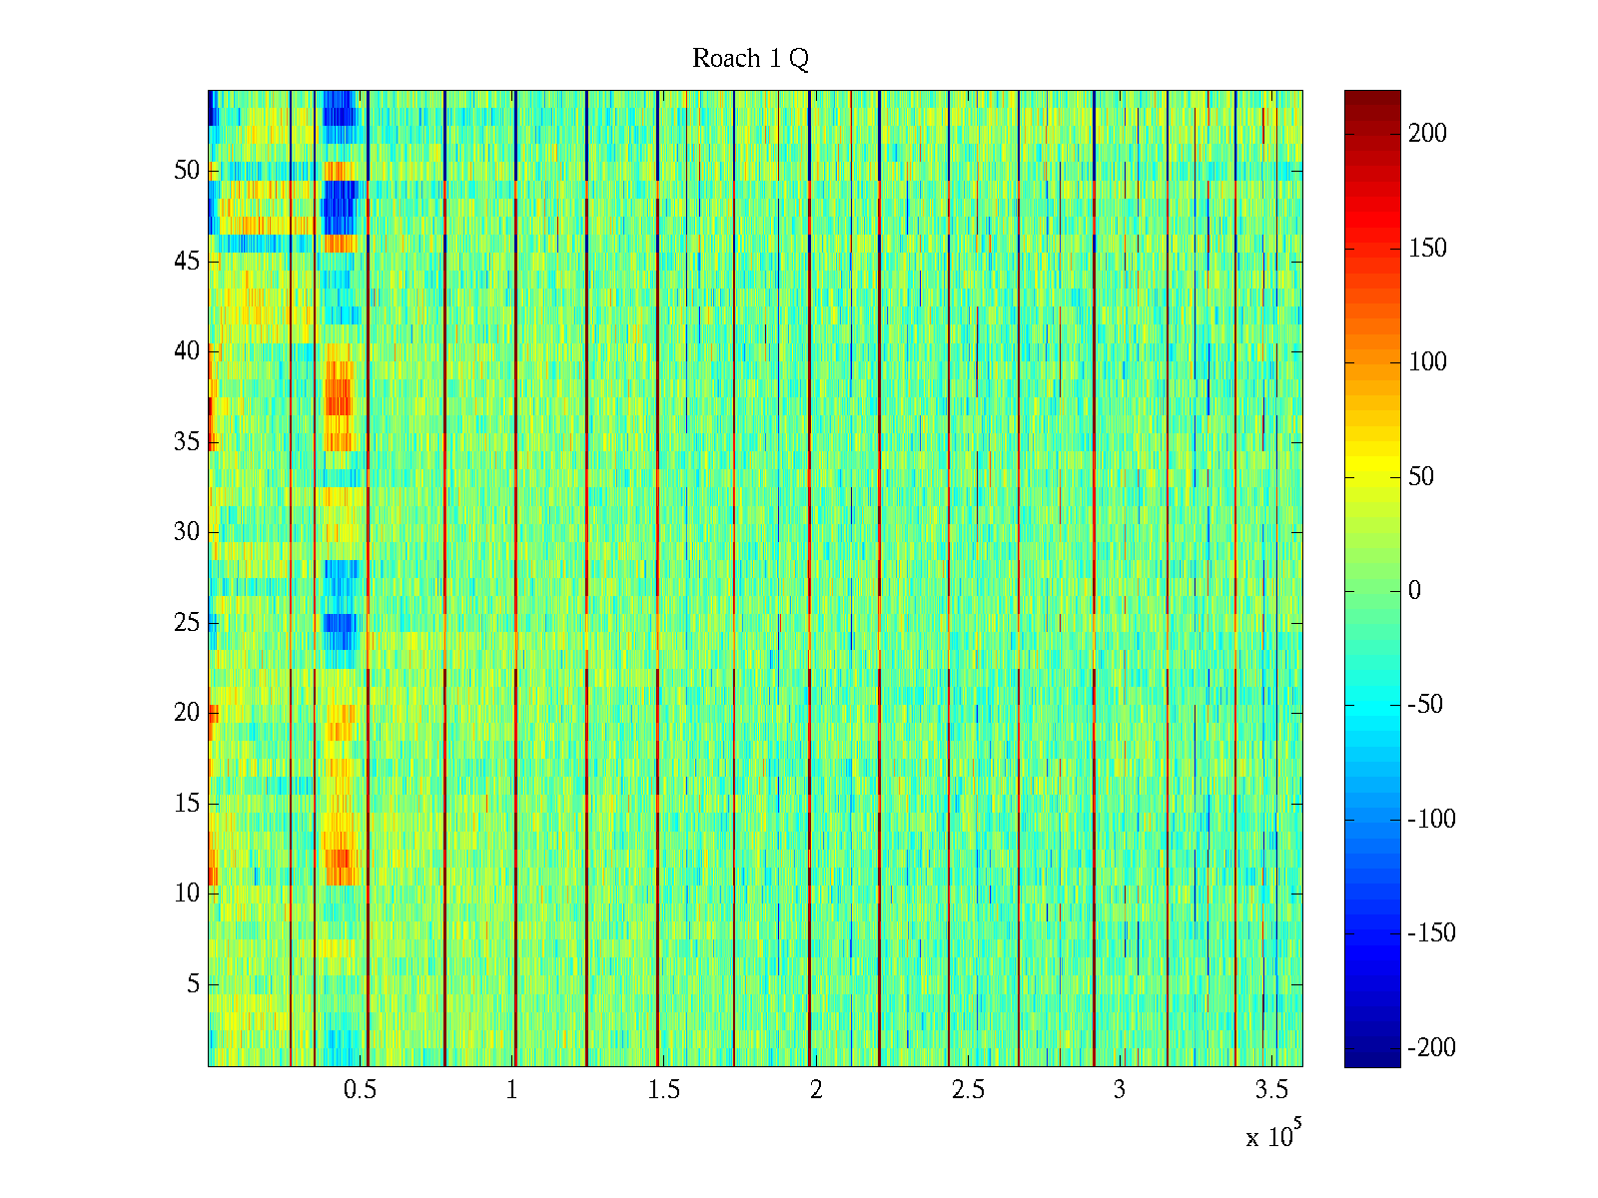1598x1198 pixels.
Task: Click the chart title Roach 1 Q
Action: pyautogui.click(x=750, y=59)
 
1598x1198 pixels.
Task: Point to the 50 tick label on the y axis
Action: pyautogui.click(x=187, y=171)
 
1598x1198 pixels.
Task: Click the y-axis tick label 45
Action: pyautogui.click(x=187, y=262)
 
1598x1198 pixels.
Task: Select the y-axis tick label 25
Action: pyautogui.click(x=187, y=623)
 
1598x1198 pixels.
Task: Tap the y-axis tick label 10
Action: pyautogui.click(x=187, y=894)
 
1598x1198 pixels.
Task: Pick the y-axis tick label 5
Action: pyautogui.click(x=193, y=984)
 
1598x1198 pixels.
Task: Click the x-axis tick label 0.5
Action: pyautogui.click(x=360, y=1089)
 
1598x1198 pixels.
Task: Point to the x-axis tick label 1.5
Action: pyautogui.click(x=663, y=1089)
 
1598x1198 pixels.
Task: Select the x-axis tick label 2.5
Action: pyautogui.click(x=967, y=1089)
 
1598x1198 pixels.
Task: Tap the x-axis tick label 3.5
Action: pyautogui.click(x=1271, y=1089)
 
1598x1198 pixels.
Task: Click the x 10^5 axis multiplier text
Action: pyautogui.click(x=1272, y=1136)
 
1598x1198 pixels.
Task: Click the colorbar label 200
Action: pyautogui.click(x=1427, y=134)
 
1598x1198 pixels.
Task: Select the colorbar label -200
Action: pyautogui.click(x=1431, y=1047)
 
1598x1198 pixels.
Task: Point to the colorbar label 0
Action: pyautogui.click(x=1414, y=591)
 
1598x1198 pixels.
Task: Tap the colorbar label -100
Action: pyautogui.click(x=1431, y=820)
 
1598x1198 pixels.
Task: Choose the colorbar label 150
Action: pyautogui.click(x=1427, y=249)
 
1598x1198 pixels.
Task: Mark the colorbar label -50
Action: pyautogui.click(x=1425, y=705)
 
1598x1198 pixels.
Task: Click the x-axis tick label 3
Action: pyautogui.click(x=1119, y=1089)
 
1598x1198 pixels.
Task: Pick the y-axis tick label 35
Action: pyautogui.click(x=187, y=442)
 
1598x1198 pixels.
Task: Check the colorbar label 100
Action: pyautogui.click(x=1427, y=362)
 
